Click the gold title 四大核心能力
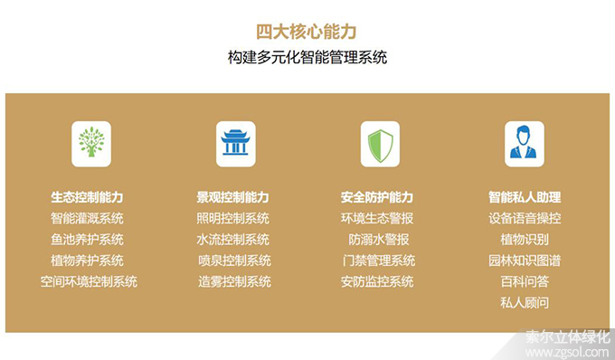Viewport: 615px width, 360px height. [307, 32]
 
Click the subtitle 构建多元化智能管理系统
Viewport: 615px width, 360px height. [307, 58]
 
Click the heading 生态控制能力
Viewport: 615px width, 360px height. [88, 197]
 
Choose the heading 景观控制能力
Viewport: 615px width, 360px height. [233, 197]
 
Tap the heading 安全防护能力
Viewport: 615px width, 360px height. [377, 197]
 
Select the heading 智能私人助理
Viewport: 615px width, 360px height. [525, 197]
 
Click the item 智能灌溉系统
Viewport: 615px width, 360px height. [88, 218]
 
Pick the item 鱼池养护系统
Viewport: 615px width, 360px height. [88, 240]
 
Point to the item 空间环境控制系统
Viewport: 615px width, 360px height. [89, 281]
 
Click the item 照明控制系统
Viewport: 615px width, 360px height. [233, 218]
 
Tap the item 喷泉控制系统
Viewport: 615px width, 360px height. [233, 261]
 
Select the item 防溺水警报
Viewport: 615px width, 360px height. [379, 240]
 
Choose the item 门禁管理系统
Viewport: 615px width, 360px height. [378, 261]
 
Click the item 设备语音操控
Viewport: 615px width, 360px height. [525, 218]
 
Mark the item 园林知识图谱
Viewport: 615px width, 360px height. [525, 261]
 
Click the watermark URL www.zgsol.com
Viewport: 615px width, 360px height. [570, 352]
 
